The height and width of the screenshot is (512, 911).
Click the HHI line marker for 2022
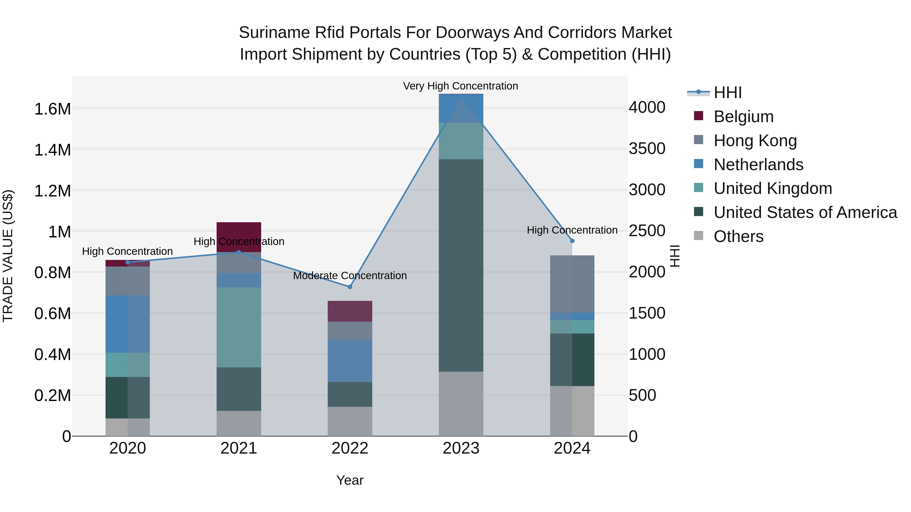pyautogui.click(x=350, y=287)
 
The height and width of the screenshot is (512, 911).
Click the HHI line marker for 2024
pyautogui.click(x=572, y=241)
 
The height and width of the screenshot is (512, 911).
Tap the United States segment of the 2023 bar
pyautogui.click(x=461, y=265)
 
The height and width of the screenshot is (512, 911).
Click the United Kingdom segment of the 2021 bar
pyautogui.click(x=239, y=327)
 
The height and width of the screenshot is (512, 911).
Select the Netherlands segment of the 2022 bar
pyautogui.click(x=350, y=361)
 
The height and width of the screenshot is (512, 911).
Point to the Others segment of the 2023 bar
pyautogui.click(x=461, y=404)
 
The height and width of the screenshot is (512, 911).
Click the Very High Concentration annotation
pyautogui.click(x=461, y=86)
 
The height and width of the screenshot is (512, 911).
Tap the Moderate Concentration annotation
pyautogui.click(x=350, y=276)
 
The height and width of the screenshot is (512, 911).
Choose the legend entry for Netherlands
pyautogui.click(x=758, y=165)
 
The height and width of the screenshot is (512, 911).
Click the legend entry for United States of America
pyautogui.click(x=805, y=212)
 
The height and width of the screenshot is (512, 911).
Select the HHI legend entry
pyautogui.click(x=728, y=93)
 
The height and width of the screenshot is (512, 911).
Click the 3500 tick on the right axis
pyautogui.click(x=647, y=148)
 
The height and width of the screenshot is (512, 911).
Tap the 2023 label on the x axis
pyautogui.click(x=461, y=448)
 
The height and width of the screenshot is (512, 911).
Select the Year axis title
pyautogui.click(x=350, y=480)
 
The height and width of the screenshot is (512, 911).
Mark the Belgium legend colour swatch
pyautogui.click(x=698, y=116)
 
